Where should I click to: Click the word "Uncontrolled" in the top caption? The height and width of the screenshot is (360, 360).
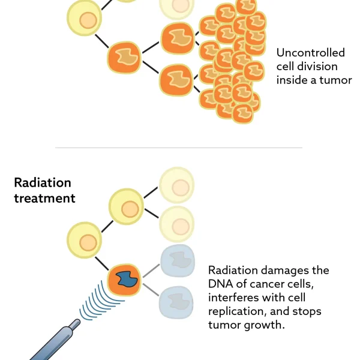pyautogui.click(x=311, y=53)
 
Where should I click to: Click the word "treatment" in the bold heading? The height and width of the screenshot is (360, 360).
pyautogui.click(x=44, y=197)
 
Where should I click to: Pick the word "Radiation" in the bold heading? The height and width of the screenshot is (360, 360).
pyautogui.click(x=43, y=182)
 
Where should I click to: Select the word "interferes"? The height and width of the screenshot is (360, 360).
pyautogui.click(x=235, y=298)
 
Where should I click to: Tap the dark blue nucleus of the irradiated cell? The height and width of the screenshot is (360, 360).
pyautogui.click(x=126, y=278)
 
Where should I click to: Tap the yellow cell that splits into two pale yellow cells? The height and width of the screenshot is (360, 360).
pyautogui.click(x=125, y=207)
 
